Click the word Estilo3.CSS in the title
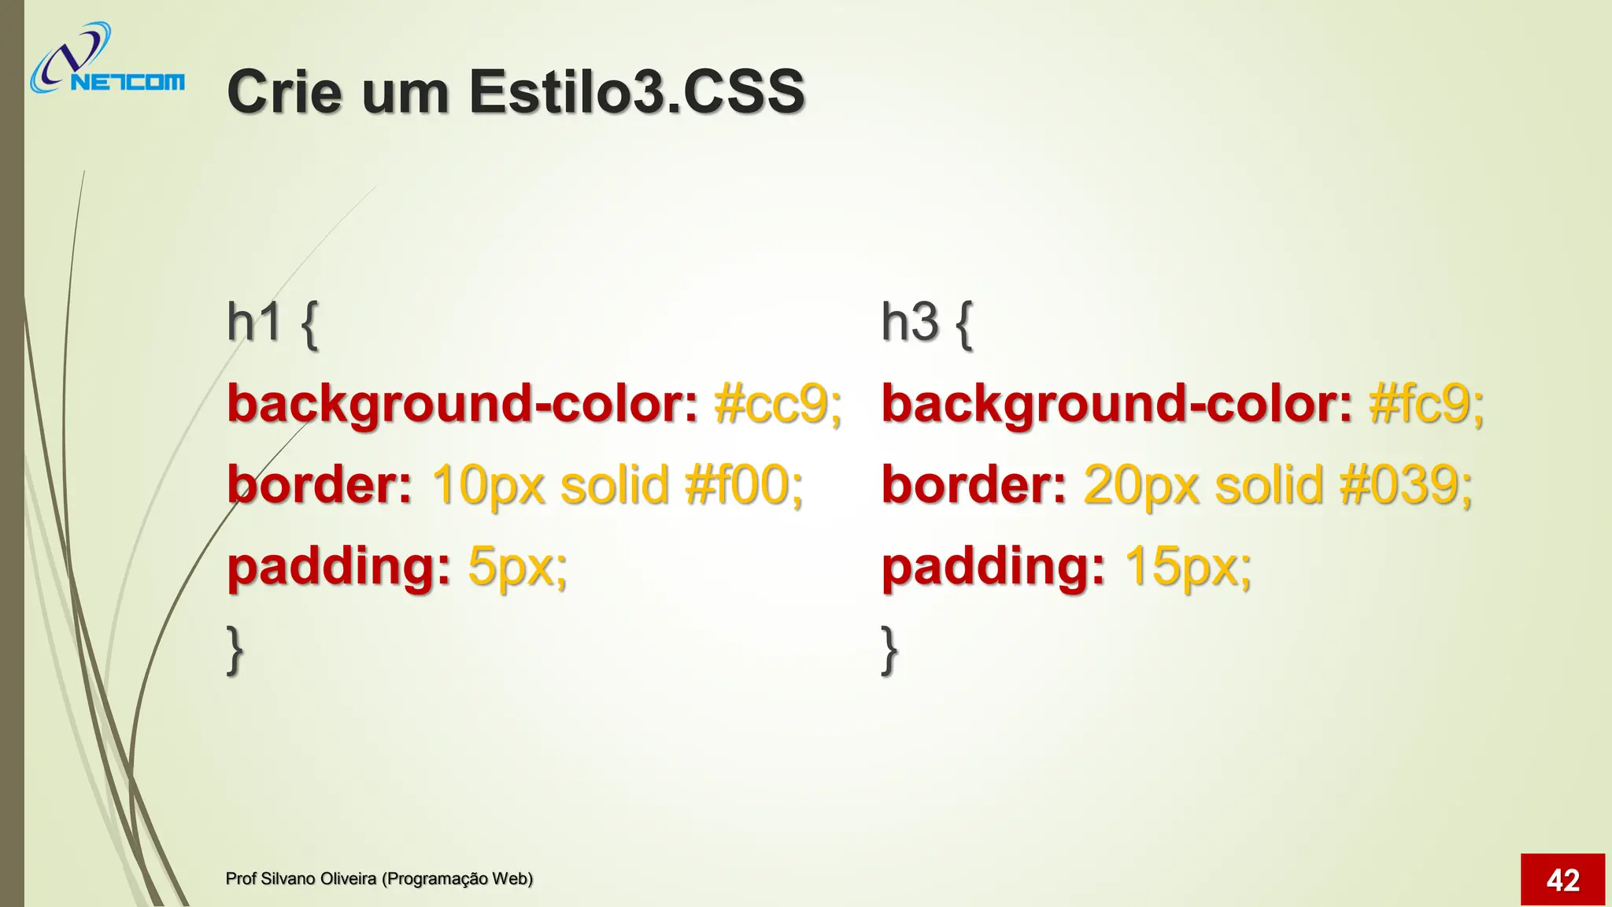click(637, 91)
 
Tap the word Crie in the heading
click(286, 91)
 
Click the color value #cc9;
click(778, 404)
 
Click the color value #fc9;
click(1426, 404)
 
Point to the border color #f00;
click(744, 485)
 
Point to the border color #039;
click(1406, 485)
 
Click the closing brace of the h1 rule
click(235, 650)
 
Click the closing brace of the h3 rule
click(889, 650)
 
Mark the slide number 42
click(1562, 879)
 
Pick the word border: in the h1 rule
click(319, 485)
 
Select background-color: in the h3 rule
click(1116, 404)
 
